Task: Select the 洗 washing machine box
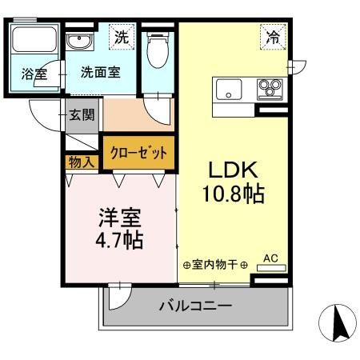121,37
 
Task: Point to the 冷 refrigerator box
273,37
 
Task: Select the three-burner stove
269,88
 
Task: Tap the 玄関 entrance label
80,114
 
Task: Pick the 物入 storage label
81,162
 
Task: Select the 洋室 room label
120,217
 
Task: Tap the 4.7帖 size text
120,239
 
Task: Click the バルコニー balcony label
195,306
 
